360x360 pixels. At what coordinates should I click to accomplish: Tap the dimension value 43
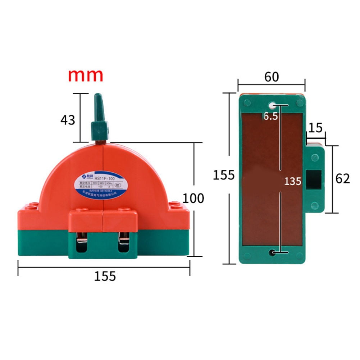pyautogui.click(x=68, y=120)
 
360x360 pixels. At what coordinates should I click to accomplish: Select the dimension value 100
pyautogui.click(x=193, y=198)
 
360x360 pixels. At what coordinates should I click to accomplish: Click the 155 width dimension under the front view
pyautogui.click(x=105, y=276)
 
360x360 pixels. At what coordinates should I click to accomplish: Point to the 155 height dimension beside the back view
pyautogui.click(x=223, y=175)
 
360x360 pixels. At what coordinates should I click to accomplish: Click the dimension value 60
pyautogui.click(x=272, y=77)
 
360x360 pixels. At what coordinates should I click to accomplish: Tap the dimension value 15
pyautogui.click(x=315, y=128)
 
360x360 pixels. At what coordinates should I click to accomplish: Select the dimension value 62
pyautogui.click(x=342, y=178)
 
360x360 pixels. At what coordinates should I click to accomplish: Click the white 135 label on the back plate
pyautogui.click(x=292, y=181)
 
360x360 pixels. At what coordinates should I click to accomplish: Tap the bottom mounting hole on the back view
pyautogui.click(x=272, y=253)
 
